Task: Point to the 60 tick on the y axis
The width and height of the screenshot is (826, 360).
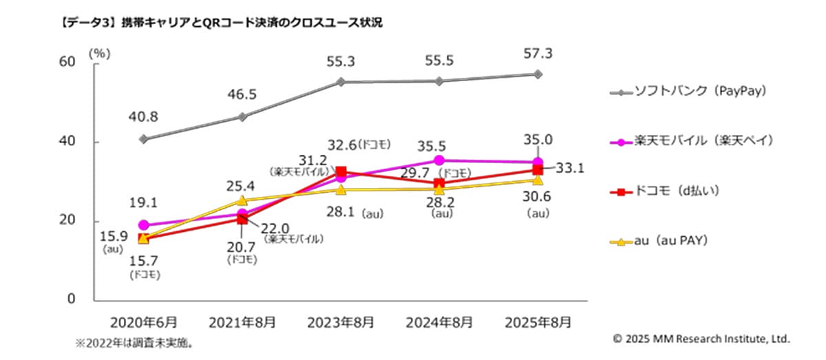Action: [67, 62]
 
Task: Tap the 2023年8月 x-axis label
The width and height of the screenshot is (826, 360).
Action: [341, 321]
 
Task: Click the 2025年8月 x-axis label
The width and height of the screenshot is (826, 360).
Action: [538, 321]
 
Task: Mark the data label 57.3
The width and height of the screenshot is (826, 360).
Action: [538, 54]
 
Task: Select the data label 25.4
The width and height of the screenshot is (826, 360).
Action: [242, 185]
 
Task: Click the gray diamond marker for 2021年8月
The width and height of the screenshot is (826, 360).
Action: [242, 117]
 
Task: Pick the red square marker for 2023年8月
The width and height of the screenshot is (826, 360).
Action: [341, 171]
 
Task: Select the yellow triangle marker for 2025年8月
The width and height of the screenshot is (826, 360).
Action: [538, 180]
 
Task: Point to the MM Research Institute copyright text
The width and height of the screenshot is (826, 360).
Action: [701, 339]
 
